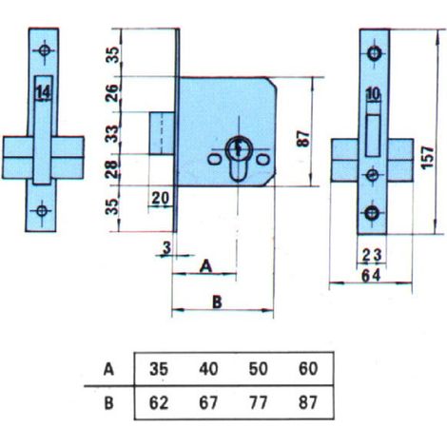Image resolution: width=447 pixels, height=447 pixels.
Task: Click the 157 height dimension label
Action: coord(427,157)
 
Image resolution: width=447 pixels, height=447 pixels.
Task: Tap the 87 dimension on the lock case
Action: coord(303,139)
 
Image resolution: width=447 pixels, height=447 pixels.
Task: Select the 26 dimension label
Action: coord(112,93)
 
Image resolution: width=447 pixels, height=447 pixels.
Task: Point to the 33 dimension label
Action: coord(112,133)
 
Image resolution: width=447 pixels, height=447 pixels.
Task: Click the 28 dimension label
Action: coord(112,168)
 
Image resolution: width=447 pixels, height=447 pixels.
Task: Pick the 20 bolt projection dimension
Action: coord(161,199)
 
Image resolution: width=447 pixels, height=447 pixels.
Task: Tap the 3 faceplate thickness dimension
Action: coord(166,247)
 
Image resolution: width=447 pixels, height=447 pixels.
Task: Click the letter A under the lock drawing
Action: coord(206,266)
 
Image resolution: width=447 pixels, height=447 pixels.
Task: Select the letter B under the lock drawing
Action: coord(217,301)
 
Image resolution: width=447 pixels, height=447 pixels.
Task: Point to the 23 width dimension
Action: coord(372,255)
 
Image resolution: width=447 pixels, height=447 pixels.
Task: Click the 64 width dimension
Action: coord(371,276)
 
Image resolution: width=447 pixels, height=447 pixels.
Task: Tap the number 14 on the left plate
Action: coord(44,93)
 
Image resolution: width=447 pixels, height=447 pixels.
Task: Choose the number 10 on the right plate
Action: coord(374,94)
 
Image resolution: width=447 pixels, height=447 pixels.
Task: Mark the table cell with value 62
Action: coord(159,403)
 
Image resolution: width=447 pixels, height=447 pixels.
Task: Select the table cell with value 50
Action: coord(258,369)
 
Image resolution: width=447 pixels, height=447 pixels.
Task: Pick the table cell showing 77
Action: coord(258,403)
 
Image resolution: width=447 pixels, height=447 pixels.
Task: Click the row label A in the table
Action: coord(108,370)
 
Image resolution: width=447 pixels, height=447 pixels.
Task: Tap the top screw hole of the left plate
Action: coord(45,50)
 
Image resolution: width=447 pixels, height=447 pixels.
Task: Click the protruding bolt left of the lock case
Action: coord(162,133)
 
